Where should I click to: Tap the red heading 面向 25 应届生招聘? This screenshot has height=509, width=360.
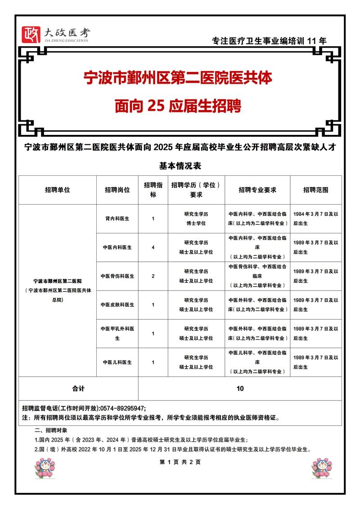point(178,107)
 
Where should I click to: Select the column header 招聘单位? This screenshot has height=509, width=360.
point(57,190)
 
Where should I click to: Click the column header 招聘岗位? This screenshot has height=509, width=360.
point(117,190)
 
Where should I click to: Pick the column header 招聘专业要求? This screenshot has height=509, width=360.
point(257,190)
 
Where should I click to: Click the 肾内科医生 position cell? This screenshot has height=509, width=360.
point(117,219)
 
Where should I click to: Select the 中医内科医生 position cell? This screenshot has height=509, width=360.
point(117,247)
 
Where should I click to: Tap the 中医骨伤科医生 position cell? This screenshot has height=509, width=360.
point(117,276)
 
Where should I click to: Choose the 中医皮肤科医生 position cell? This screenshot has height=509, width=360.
point(117,305)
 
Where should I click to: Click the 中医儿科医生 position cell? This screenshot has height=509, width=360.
point(117,362)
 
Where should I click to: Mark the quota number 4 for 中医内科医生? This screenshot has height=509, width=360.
point(153,247)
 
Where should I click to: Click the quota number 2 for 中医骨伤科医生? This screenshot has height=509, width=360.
point(153,276)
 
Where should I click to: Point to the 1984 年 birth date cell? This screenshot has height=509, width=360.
point(315,219)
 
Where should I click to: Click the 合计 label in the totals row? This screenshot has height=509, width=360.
point(78,388)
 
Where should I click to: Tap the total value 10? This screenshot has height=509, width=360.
point(240,388)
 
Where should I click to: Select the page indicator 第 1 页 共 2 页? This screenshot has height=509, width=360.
point(180,462)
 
